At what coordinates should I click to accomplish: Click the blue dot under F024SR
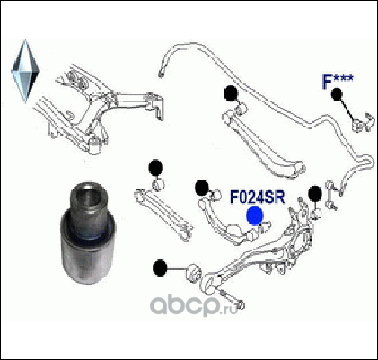(255, 215)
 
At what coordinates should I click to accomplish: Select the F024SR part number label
(258, 198)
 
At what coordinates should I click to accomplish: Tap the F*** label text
(338, 81)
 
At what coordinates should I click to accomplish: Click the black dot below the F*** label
(337, 94)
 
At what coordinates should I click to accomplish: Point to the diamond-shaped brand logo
(25, 71)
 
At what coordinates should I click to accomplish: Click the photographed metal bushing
(87, 233)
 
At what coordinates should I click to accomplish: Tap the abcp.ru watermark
(194, 305)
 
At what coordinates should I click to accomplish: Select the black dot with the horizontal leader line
(160, 268)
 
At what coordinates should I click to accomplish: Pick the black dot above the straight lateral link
(155, 168)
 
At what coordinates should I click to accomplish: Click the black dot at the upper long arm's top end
(231, 93)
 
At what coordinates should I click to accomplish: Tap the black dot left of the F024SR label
(202, 188)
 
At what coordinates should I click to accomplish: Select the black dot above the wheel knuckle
(315, 194)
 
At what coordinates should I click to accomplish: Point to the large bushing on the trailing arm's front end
(194, 271)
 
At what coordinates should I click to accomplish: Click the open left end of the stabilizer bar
(162, 73)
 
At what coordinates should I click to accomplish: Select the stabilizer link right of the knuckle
(331, 196)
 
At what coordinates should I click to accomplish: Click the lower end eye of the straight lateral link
(185, 234)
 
